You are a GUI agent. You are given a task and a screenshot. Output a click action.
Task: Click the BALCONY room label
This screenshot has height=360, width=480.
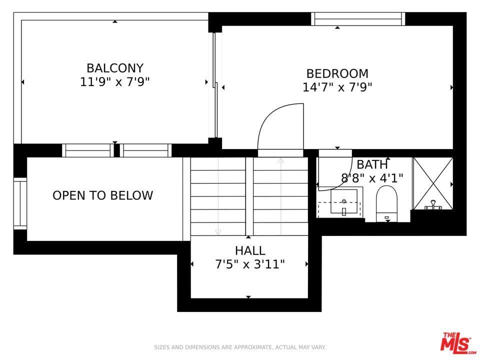pos(115,68)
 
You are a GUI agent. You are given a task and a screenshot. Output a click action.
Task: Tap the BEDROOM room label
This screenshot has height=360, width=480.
pos(337,74)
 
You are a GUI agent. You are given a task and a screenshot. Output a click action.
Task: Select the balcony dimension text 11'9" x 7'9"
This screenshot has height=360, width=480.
pos(115,81)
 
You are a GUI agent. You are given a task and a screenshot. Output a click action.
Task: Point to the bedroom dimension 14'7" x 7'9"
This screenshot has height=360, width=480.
pos(337,87)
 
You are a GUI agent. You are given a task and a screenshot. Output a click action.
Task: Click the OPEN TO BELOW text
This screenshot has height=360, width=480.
pos(102,195)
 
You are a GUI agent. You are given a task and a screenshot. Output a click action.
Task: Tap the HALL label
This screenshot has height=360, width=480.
pos(250,250)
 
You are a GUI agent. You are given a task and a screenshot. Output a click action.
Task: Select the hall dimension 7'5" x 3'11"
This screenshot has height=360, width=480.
pos(250,264)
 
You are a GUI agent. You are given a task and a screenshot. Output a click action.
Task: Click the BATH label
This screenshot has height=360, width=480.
pos(372,164)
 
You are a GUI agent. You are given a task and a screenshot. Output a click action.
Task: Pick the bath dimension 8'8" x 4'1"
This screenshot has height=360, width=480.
pos(372,178)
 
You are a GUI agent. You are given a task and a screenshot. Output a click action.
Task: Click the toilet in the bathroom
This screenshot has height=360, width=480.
pos(386,203)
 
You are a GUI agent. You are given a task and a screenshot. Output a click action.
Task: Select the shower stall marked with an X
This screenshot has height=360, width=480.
pos(433,183)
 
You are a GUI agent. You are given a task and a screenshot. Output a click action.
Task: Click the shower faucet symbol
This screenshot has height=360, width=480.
pos(433,205)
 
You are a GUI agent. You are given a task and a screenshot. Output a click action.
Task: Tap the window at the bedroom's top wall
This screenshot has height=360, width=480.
pos(358,19)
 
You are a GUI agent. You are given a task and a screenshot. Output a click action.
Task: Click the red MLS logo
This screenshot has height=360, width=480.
pos(458,341)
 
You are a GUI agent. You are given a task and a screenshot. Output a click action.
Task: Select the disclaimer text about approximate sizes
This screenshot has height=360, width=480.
pos(239,347)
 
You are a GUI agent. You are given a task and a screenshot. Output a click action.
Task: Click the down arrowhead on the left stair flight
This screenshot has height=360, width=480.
pos(218,231)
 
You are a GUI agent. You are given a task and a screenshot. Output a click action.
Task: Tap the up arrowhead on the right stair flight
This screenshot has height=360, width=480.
pos(280,160)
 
